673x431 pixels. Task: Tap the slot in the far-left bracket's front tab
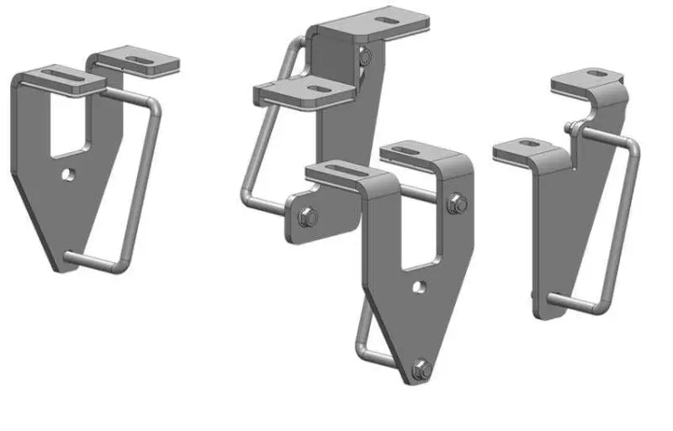(60, 80)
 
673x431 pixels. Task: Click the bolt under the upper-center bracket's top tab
(364, 57)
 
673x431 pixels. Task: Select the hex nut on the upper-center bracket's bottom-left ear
(307, 218)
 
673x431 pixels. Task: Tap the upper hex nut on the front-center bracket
(457, 202)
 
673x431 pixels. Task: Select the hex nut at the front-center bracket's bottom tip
(421, 367)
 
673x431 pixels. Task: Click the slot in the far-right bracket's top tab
(594, 74)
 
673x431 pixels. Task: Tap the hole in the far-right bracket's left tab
(527, 145)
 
